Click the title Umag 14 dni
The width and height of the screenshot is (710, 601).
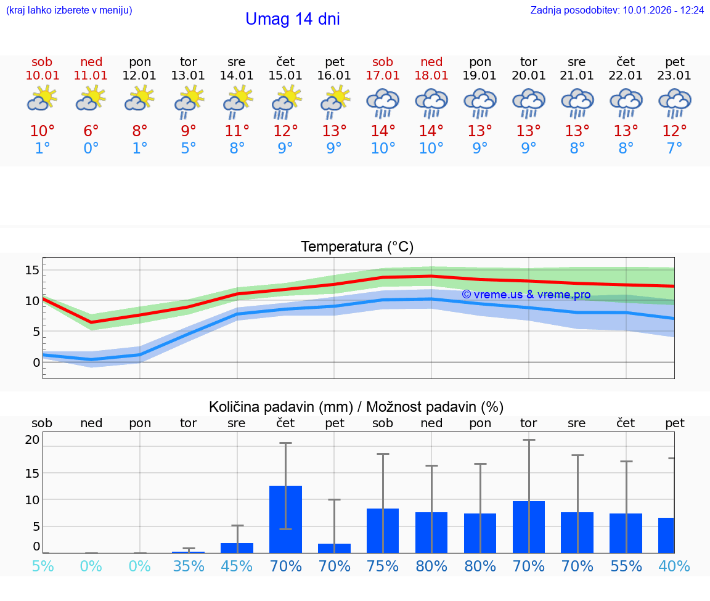click(x=293, y=19)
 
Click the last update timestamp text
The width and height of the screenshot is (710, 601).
click(x=617, y=10)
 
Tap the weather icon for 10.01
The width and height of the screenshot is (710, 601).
click(x=42, y=99)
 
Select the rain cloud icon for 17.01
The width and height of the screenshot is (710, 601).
click(x=383, y=102)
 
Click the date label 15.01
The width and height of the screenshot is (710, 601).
click(x=285, y=75)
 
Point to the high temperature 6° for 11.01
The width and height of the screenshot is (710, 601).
click(x=91, y=131)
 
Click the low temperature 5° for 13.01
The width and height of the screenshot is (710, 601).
click(x=189, y=149)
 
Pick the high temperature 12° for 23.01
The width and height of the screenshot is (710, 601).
click(x=675, y=131)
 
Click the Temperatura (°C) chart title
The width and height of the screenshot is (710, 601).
click(x=357, y=247)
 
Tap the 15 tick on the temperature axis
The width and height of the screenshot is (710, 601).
click(x=32, y=270)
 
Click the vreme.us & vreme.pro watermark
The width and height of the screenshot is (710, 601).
click(x=526, y=295)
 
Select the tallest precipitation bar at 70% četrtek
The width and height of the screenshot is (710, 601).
click(x=285, y=519)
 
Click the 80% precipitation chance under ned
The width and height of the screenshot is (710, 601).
click(x=431, y=566)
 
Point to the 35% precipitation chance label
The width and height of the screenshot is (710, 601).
click(x=189, y=566)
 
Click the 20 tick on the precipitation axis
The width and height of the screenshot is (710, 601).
click(x=32, y=440)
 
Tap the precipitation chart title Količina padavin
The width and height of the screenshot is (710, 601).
click(x=356, y=407)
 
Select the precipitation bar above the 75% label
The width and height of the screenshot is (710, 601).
click(x=383, y=530)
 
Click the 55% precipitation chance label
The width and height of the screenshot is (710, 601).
click(x=626, y=566)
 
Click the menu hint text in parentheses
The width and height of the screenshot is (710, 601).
click(x=69, y=10)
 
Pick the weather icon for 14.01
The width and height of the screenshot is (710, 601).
click(x=237, y=101)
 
